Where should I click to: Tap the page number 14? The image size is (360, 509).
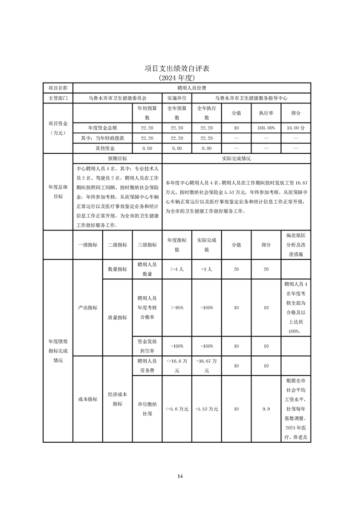(x=180, y=476)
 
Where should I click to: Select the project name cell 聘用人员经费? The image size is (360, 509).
(x=192, y=88)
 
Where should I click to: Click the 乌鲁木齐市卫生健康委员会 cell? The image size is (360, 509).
(x=118, y=98)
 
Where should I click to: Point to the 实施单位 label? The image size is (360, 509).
(x=177, y=98)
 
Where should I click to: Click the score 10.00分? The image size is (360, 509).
(x=296, y=128)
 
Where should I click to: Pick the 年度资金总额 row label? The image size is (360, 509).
(x=103, y=128)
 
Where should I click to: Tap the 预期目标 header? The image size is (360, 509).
(x=117, y=159)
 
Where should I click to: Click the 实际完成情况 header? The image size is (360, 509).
(x=236, y=159)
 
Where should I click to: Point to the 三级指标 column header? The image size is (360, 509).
(x=147, y=245)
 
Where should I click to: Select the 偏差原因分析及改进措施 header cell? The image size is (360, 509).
(x=296, y=245)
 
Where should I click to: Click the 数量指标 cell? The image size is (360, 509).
(x=117, y=269)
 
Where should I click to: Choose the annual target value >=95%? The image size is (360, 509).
(x=177, y=308)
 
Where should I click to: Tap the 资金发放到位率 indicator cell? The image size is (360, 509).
(x=147, y=346)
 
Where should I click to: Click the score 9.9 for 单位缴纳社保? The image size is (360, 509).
(x=266, y=409)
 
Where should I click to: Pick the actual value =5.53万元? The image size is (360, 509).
(x=207, y=409)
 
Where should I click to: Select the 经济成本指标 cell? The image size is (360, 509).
(x=117, y=399)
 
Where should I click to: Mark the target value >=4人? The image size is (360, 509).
(x=177, y=269)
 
